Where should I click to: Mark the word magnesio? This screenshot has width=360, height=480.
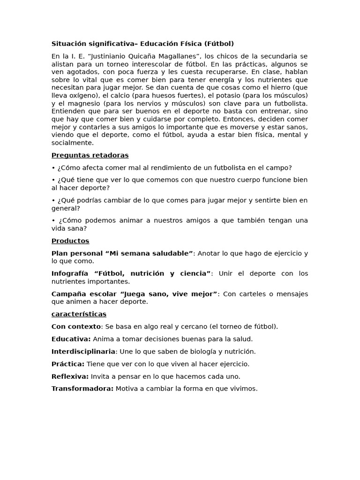85,103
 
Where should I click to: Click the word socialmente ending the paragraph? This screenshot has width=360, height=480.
72,143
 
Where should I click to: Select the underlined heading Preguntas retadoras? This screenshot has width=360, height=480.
90,155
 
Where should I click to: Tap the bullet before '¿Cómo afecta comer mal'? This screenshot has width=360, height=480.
53,168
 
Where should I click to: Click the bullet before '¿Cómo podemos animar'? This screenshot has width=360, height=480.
53,220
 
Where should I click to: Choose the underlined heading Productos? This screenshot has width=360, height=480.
70,241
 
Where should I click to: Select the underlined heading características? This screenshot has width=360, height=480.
79,314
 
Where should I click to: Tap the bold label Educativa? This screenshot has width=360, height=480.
71,339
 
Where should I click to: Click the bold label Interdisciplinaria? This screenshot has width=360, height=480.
83,351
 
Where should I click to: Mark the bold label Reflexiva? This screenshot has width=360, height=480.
70,376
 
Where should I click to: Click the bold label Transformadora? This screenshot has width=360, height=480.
82,389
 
